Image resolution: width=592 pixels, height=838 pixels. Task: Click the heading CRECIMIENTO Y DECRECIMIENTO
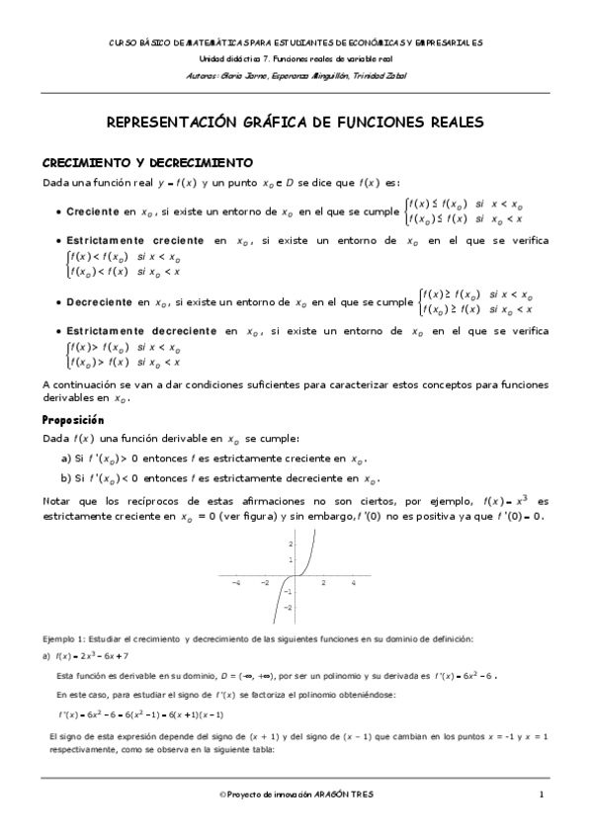[x=146, y=162]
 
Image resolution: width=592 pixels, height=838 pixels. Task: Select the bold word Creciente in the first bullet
[x=93, y=212]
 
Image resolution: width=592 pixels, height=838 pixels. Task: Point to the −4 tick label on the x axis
[x=235, y=583]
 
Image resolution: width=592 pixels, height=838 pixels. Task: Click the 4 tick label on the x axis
[x=354, y=583]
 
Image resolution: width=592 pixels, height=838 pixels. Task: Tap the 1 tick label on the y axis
[x=291, y=559]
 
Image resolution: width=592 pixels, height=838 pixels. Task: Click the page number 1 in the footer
[x=542, y=794]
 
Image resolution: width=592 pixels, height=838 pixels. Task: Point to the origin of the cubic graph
[x=296, y=576]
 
